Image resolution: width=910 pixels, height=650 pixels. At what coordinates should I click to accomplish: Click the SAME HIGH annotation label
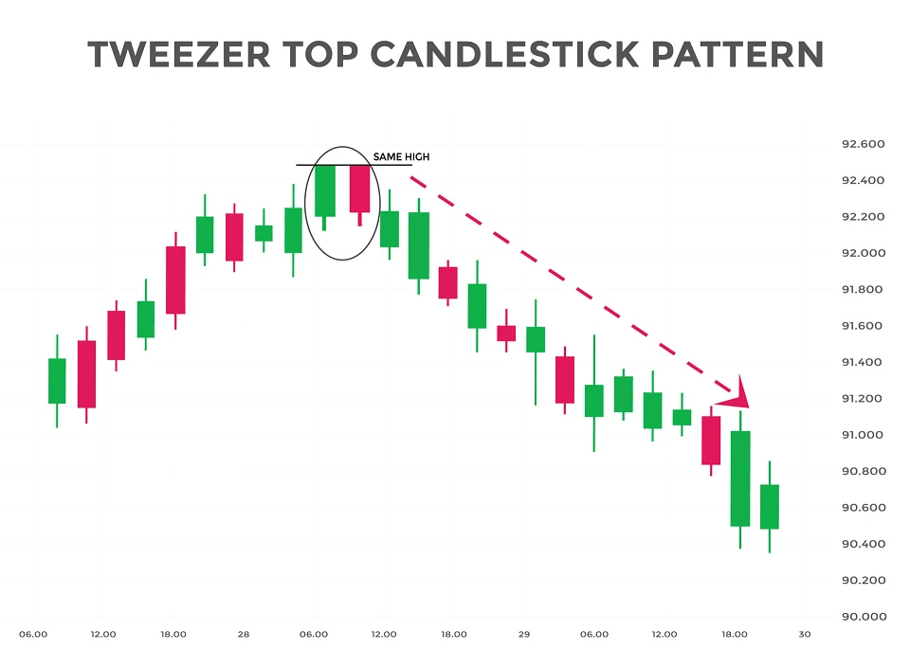[401, 157]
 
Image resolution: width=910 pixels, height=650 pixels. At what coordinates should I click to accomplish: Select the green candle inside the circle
[325, 190]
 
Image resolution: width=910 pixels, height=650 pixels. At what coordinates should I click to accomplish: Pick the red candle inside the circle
[359, 189]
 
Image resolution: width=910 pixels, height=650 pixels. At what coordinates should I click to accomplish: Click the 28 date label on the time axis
[244, 634]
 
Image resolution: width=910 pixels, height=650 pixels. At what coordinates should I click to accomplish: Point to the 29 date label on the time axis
[523, 634]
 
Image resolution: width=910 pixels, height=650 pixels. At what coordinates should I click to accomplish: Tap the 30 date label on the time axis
[804, 634]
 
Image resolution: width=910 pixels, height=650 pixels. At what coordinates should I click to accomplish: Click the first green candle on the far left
[57, 381]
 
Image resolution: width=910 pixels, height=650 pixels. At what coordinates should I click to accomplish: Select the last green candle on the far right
[770, 507]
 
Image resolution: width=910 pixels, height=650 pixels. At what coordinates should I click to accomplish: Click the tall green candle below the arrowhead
[740, 478]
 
